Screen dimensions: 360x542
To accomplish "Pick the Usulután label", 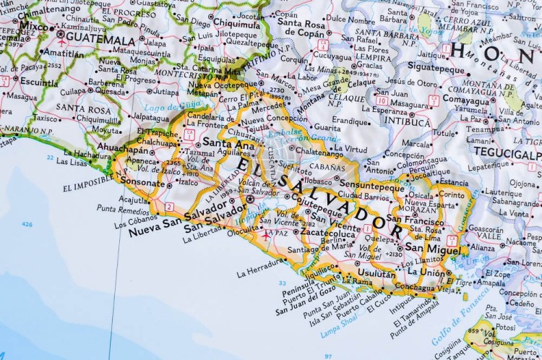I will (377, 274).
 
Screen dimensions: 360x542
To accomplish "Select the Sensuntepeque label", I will (371, 187).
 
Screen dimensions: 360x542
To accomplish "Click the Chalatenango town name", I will (319, 153).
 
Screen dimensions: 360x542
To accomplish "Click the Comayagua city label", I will (466, 99).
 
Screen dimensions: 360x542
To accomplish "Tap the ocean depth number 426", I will (27, 224).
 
